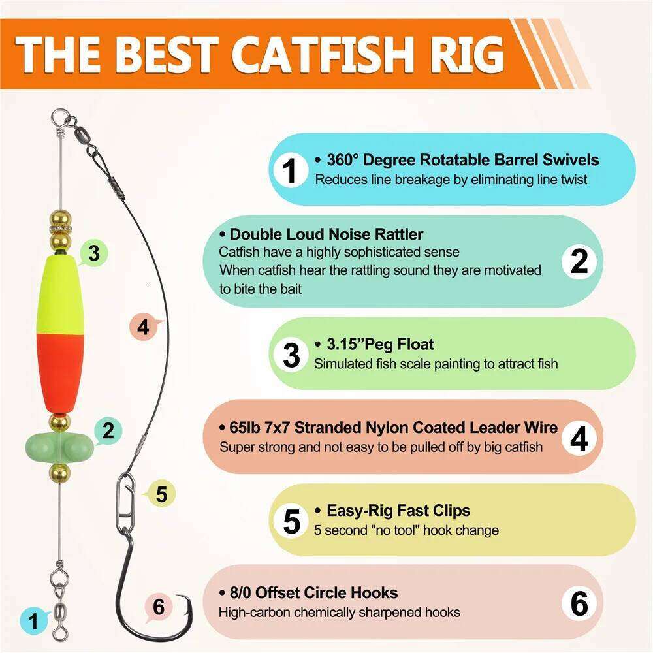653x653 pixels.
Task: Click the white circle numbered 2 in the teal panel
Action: [x=579, y=261]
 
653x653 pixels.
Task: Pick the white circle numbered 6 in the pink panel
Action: [x=579, y=604]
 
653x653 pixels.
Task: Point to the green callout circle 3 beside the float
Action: [x=94, y=253]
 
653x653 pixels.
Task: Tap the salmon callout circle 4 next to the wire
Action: [x=144, y=326]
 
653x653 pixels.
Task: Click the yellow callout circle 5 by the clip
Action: [x=161, y=494]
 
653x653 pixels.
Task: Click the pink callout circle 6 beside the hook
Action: [x=159, y=607]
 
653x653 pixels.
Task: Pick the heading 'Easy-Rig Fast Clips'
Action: [x=398, y=511]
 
